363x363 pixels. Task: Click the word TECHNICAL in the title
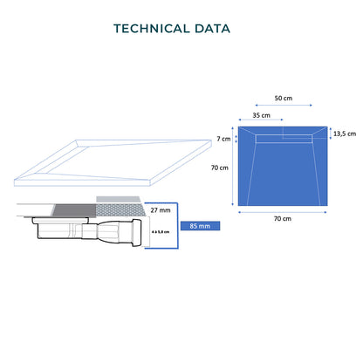click(152, 29)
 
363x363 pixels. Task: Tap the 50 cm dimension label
click(284, 98)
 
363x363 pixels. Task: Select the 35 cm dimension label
click(261, 115)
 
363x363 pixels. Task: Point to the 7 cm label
click(223, 139)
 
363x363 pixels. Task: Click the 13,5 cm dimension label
click(345, 134)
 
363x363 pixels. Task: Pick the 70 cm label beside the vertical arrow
click(220, 168)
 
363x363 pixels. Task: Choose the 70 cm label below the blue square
click(283, 218)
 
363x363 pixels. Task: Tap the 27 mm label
click(161, 210)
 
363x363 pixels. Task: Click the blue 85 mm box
click(200, 226)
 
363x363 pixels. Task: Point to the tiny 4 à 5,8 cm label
click(161, 232)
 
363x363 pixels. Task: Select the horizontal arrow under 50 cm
click(284, 106)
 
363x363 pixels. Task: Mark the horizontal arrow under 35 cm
click(261, 120)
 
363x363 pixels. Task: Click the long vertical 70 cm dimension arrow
click(232, 166)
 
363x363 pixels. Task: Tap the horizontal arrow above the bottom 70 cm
click(283, 212)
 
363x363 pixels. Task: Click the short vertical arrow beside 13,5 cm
click(331, 134)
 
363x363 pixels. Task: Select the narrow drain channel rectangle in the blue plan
click(284, 139)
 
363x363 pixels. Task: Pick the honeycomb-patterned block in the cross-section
click(120, 210)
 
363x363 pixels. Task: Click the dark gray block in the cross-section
click(75, 210)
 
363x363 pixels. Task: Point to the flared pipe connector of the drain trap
click(120, 232)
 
